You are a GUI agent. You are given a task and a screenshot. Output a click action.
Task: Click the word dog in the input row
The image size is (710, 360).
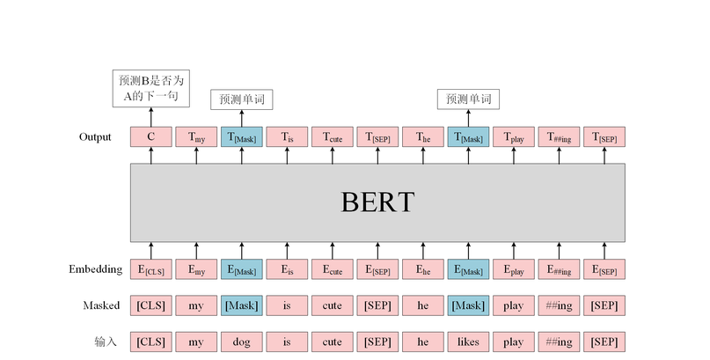click(x=242, y=342)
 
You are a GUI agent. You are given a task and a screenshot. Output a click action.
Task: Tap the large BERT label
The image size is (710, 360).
click(x=377, y=202)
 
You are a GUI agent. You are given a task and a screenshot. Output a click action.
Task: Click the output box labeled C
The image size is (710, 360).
click(x=151, y=136)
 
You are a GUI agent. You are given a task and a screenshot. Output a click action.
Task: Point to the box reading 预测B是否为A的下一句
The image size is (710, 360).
click(x=150, y=88)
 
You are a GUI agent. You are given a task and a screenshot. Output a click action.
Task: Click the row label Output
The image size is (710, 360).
click(x=95, y=136)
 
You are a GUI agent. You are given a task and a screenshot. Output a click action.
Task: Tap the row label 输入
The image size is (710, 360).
click(x=106, y=342)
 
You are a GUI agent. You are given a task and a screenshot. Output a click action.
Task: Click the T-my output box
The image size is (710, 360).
click(x=196, y=136)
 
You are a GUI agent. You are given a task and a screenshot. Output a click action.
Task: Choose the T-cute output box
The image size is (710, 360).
click(x=333, y=136)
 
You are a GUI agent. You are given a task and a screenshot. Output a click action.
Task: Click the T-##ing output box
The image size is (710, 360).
click(x=559, y=136)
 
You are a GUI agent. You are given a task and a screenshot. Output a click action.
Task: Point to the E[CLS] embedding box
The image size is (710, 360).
click(x=151, y=269)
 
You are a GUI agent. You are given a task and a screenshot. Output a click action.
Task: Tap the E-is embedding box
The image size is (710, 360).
click(x=287, y=269)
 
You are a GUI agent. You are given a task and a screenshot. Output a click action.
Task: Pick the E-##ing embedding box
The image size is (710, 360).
click(x=559, y=269)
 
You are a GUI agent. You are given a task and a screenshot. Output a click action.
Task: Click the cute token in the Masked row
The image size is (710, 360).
click(x=333, y=305)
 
